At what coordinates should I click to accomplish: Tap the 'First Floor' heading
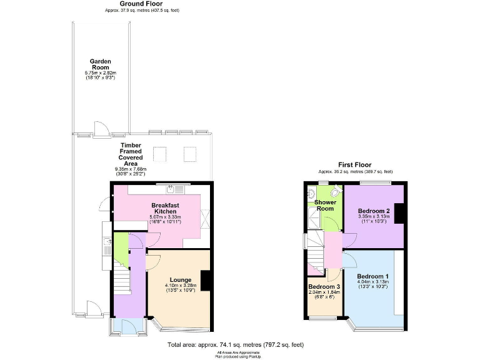coord(355,164)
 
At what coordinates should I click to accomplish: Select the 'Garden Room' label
coord(100,65)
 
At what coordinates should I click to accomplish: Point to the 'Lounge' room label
coord(180,279)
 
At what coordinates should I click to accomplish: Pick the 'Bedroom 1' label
coord(372,276)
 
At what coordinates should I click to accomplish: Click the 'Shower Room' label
coord(325,206)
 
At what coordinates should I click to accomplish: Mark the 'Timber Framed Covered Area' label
coord(131,154)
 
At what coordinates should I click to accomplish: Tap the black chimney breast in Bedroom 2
coord(399,214)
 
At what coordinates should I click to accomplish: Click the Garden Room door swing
coord(99,129)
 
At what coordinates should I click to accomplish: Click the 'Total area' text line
coord(236,344)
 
